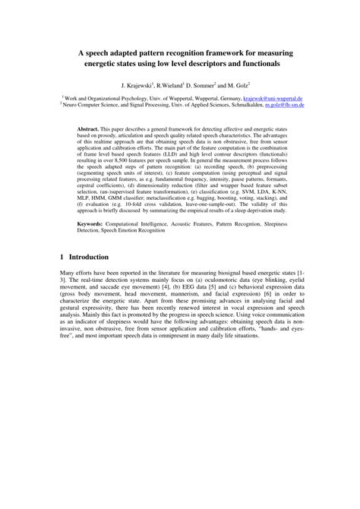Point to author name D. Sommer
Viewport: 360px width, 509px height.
[215, 85]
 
